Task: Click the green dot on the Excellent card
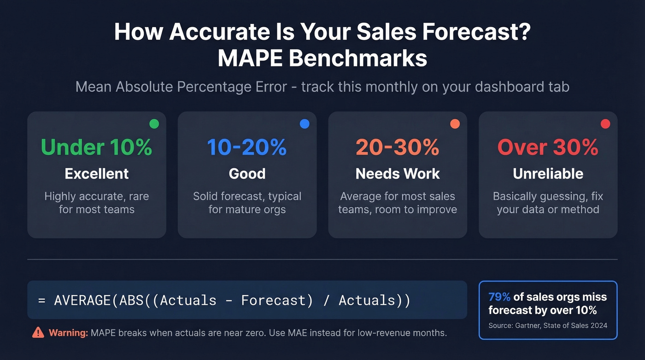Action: click(154, 124)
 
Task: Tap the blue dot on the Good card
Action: click(305, 124)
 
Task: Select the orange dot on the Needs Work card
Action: click(455, 124)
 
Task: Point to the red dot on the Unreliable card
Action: click(605, 124)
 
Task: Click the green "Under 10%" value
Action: click(96, 147)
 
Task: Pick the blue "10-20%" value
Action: click(247, 147)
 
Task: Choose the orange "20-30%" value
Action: click(397, 147)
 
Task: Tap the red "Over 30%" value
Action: click(548, 147)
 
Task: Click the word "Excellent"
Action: click(97, 174)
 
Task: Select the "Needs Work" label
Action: click(398, 174)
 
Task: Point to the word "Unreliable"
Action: click(548, 174)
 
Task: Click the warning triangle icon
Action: click(38, 332)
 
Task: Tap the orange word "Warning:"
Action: click(68, 333)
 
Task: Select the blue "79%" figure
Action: click(499, 297)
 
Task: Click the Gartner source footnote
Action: click(548, 325)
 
